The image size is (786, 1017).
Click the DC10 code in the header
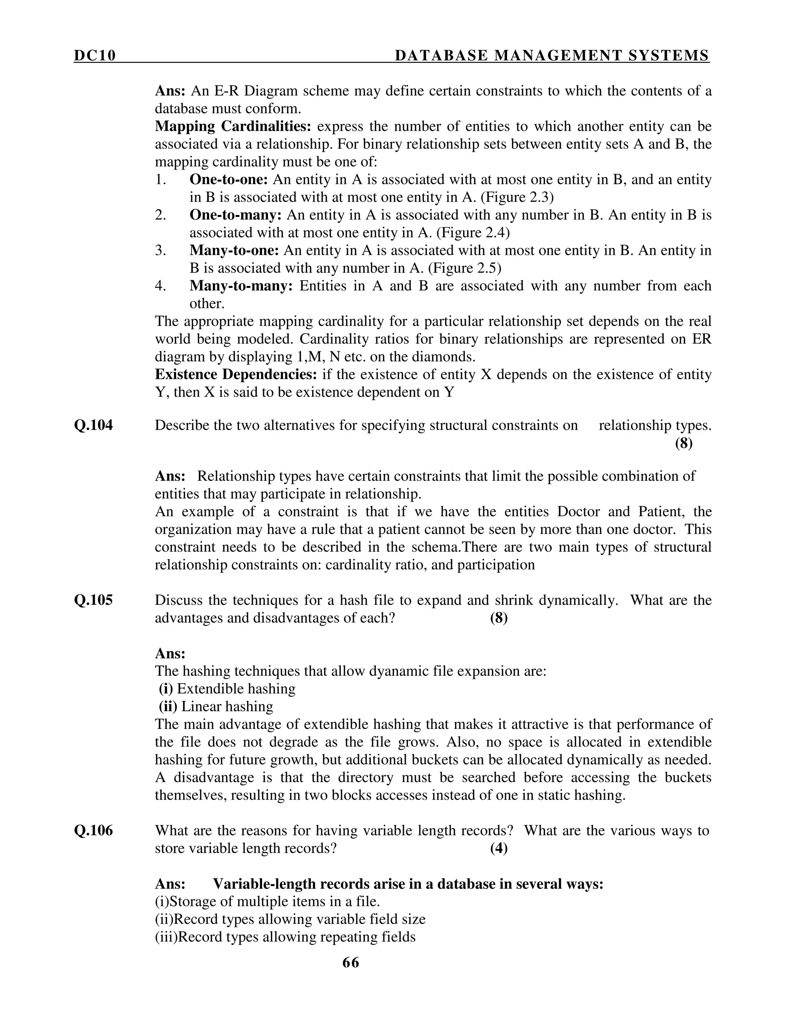pyautogui.click(x=94, y=56)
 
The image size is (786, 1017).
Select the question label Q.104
pyautogui.click(x=93, y=425)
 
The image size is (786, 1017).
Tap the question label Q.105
pyautogui.click(x=93, y=600)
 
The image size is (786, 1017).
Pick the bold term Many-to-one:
pyautogui.click(x=234, y=251)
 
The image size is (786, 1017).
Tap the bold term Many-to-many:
pyautogui.click(x=241, y=286)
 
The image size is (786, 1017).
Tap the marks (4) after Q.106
pyautogui.click(x=499, y=849)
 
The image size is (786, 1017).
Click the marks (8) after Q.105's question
pyautogui.click(x=499, y=618)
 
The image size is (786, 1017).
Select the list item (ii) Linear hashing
pyautogui.click(x=216, y=707)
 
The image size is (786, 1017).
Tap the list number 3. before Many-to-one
pyautogui.click(x=161, y=251)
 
